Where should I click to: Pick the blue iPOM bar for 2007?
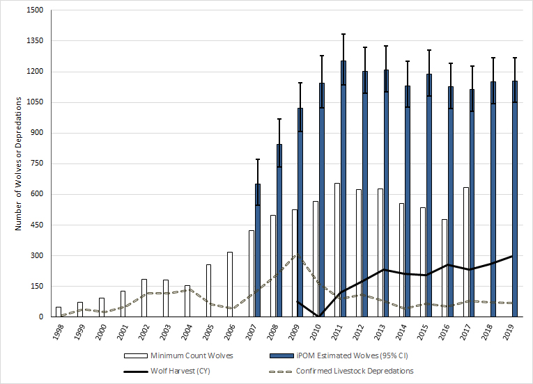tap(258, 250)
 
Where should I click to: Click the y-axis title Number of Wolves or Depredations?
tap(17, 164)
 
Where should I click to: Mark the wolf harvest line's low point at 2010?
tap(319, 317)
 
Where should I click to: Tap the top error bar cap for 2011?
tap(343, 34)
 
